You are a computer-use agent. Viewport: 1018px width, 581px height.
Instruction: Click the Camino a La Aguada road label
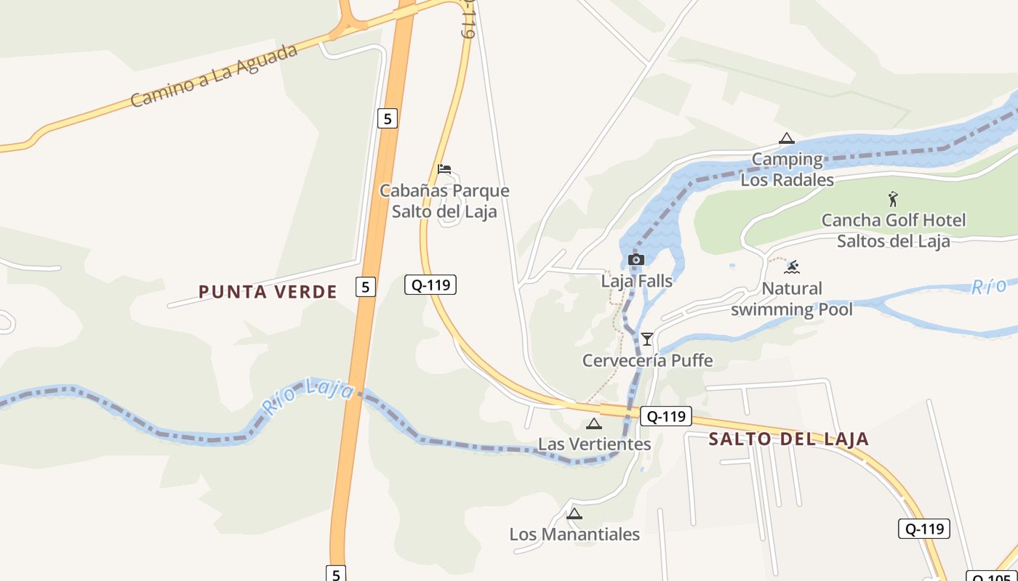click(215, 76)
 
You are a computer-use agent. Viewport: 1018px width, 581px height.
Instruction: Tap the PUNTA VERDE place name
click(268, 292)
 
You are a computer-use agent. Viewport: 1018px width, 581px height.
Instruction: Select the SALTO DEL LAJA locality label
click(789, 439)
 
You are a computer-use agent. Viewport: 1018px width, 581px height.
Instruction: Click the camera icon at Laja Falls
click(636, 260)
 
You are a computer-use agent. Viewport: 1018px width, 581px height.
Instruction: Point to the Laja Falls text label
click(636, 280)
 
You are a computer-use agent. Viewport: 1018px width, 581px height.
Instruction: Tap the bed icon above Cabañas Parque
click(444, 169)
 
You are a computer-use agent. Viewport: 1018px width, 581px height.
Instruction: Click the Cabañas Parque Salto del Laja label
click(444, 201)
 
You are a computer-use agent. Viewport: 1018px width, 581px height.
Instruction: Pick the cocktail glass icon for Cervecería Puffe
click(646, 338)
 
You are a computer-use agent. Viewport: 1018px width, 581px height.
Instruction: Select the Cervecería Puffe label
click(647, 360)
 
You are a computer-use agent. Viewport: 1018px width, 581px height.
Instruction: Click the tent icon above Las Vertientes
click(594, 423)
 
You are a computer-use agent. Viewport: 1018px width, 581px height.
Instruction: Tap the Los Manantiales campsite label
click(574, 535)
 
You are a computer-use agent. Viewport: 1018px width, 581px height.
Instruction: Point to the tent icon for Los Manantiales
click(574, 513)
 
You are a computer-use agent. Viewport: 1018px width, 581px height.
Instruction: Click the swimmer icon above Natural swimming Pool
click(792, 267)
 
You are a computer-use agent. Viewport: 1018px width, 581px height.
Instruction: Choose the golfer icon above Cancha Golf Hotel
click(893, 198)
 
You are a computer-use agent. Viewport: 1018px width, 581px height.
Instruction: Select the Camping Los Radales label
click(787, 169)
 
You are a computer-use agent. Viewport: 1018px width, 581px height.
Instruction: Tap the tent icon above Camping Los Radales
click(786, 138)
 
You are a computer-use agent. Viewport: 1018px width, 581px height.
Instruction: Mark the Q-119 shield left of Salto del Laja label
click(665, 416)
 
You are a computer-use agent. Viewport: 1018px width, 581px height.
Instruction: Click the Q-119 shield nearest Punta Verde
click(430, 285)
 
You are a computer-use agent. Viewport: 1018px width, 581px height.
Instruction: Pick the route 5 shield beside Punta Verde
click(365, 287)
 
